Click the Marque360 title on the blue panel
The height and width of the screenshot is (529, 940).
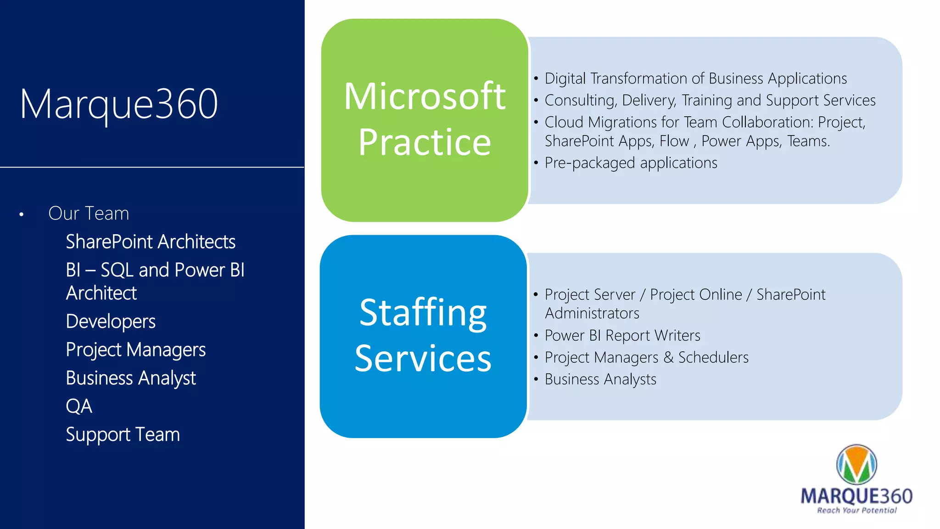119,104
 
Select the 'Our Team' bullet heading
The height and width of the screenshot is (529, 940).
89,214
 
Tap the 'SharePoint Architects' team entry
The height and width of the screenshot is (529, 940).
151,242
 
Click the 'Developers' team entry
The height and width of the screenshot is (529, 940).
111,321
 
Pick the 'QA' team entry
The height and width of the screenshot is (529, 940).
79,406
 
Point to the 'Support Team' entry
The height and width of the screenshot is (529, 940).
123,435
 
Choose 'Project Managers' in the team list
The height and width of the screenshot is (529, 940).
136,350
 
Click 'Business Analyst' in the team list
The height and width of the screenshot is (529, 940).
131,378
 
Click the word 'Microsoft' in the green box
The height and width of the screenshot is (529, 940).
425,96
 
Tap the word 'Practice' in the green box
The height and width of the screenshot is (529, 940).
425,142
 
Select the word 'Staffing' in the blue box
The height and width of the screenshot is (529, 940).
423,313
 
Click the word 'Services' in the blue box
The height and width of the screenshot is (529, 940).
423,359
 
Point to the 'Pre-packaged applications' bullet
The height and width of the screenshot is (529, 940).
631,163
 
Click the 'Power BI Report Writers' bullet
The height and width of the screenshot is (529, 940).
622,336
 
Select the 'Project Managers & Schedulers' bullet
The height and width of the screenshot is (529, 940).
646,358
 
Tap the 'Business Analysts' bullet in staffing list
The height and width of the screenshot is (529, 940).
600,380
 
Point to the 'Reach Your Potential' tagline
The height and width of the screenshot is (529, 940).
856,510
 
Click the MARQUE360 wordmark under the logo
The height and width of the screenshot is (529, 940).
856,496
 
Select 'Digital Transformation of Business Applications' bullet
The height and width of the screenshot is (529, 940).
695,79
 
